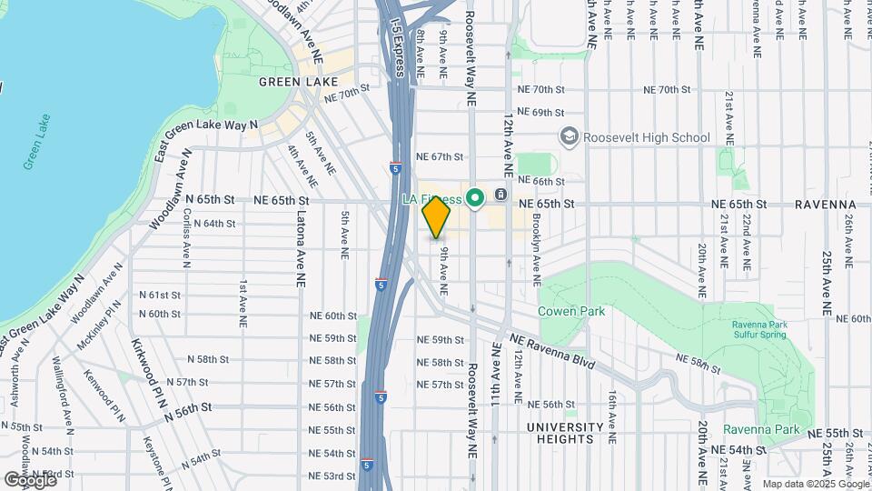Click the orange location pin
pyautogui.click(x=437, y=218)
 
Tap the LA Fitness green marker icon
pyautogui.click(x=473, y=197)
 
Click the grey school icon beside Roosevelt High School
pyautogui.click(x=570, y=136)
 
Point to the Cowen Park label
pyautogui.click(x=571, y=311)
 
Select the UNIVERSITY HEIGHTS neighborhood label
pyautogui.click(x=566, y=433)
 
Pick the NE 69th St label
pyautogui.click(x=541, y=113)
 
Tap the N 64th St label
pyautogui.click(x=214, y=224)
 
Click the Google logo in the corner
pyautogui.click(x=30, y=479)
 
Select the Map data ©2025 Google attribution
pyautogui.click(x=815, y=484)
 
